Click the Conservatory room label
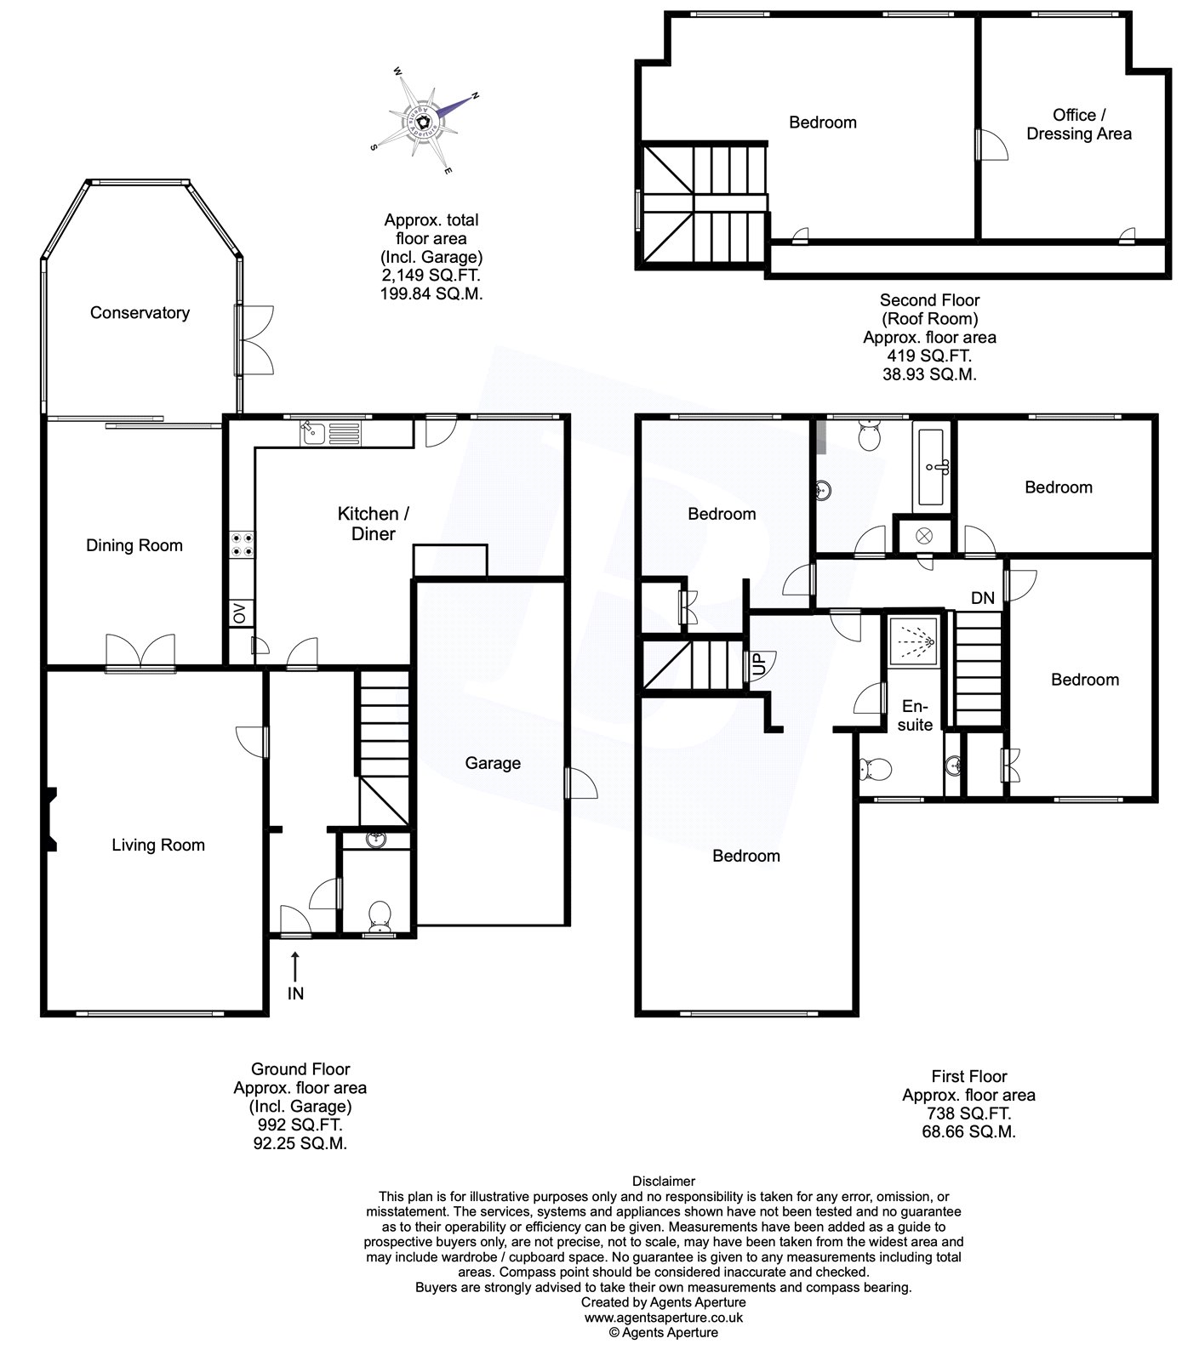[x=140, y=313]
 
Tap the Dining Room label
[x=134, y=545]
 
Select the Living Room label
[x=158, y=845]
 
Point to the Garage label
[x=493, y=763]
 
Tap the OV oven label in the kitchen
[x=239, y=612]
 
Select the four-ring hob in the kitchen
[x=240, y=544]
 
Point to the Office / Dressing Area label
[x=1079, y=124]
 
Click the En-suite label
[x=916, y=715]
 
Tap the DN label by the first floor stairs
[x=983, y=598]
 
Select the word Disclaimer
[x=664, y=1181]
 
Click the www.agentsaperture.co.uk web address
[x=663, y=1318]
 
